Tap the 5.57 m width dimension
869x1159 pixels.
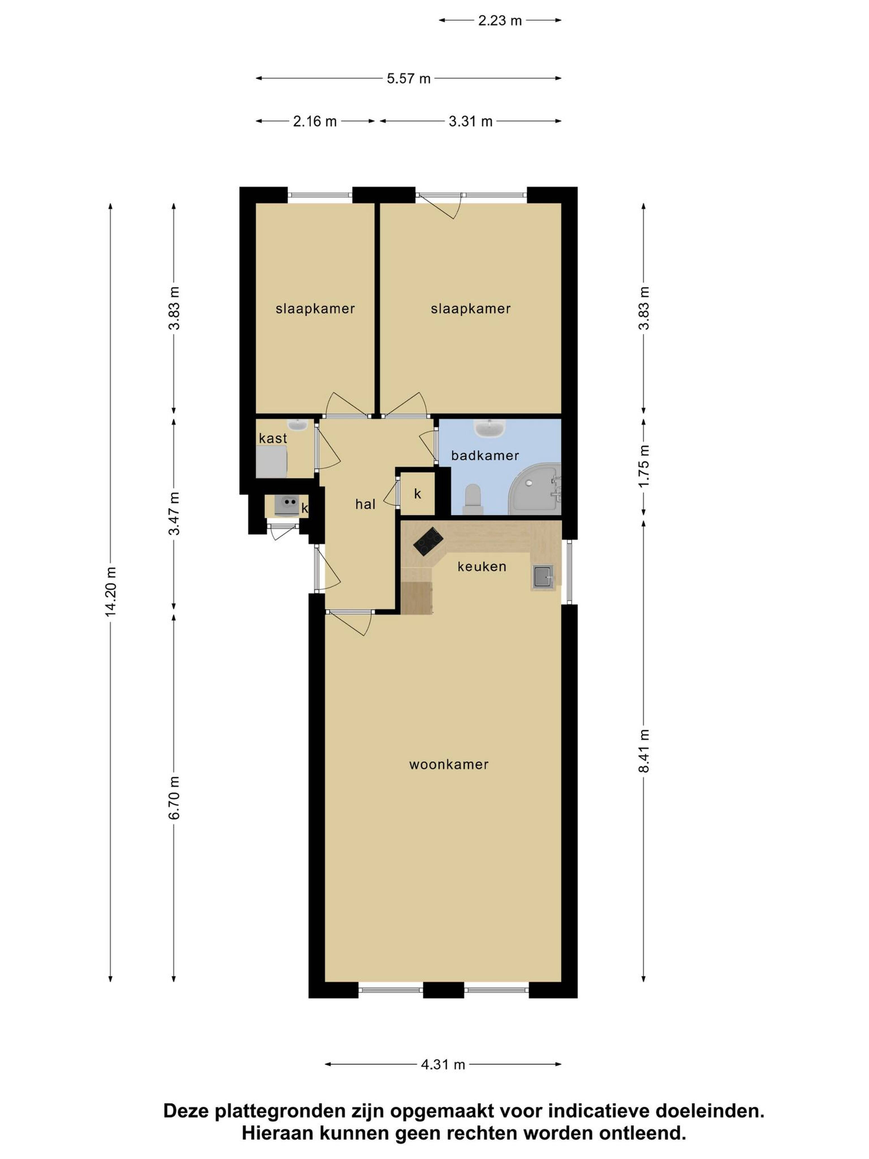tap(408, 79)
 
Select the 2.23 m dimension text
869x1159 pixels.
tap(500, 20)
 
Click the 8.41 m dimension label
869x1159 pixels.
tap(644, 750)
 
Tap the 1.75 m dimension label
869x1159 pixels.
tap(644, 466)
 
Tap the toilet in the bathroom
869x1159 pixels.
tap(473, 499)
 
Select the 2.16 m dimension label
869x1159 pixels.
tap(315, 122)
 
